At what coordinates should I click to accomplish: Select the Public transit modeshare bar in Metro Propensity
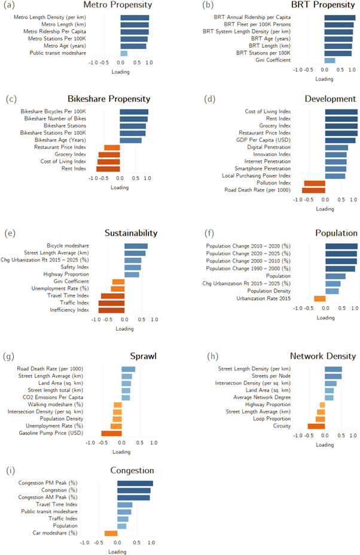pyautogui.click(x=124, y=53)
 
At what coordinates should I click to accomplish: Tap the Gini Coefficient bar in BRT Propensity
pyautogui.click(x=330, y=60)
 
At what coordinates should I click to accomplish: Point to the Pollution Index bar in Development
pyautogui.click(x=315, y=183)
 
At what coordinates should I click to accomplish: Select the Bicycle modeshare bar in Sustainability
pyautogui.click(x=136, y=245)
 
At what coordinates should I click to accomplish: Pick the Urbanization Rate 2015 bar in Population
pyautogui.click(x=320, y=298)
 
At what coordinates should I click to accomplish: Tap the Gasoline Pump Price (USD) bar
pyautogui.click(x=111, y=433)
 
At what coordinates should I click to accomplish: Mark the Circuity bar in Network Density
pyautogui.click(x=316, y=426)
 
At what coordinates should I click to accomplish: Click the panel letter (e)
pyautogui.click(x=8, y=233)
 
